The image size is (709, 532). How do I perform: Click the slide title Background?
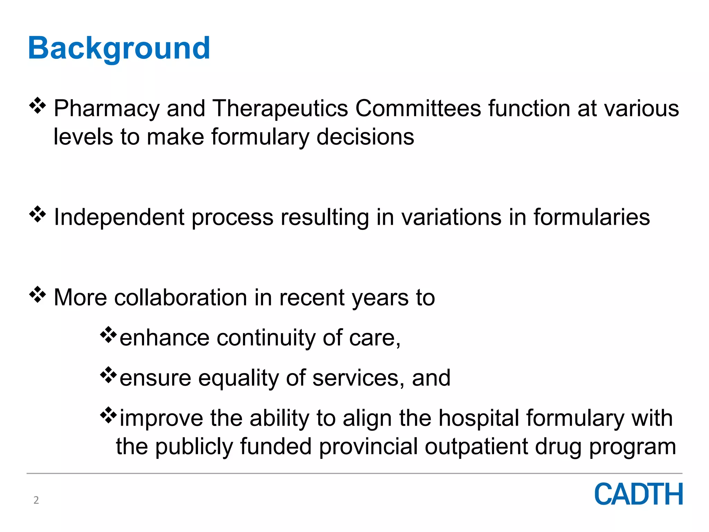click(x=119, y=48)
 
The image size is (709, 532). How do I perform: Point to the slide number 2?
click(x=36, y=500)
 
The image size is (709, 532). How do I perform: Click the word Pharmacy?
click(x=107, y=109)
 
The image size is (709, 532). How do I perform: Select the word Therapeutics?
click(x=280, y=109)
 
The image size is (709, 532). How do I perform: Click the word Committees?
click(x=418, y=108)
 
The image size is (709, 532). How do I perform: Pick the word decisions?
click(x=365, y=137)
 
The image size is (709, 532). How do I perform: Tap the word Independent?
click(x=119, y=218)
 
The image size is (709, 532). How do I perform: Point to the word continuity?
click(x=266, y=338)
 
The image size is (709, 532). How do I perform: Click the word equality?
click(x=238, y=378)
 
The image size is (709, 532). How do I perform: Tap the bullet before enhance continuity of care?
click(x=108, y=335)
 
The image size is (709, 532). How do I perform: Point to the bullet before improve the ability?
click(x=108, y=415)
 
